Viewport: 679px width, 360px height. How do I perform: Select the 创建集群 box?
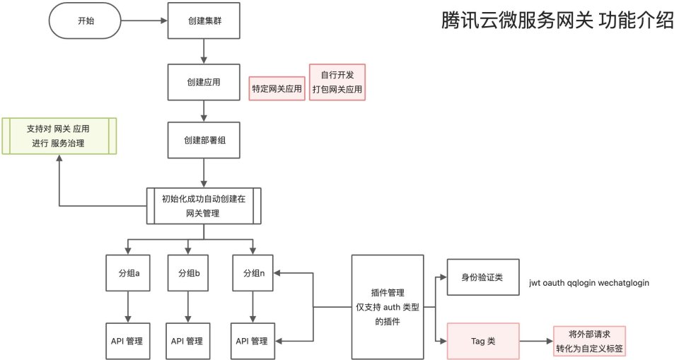(x=204, y=21)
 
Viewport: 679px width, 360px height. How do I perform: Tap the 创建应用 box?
(x=204, y=82)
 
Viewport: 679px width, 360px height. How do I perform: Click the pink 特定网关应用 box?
(x=277, y=89)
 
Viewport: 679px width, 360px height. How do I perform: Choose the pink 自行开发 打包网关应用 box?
(x=337, y=82)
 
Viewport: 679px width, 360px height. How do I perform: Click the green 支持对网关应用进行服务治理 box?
(x=59, y=136)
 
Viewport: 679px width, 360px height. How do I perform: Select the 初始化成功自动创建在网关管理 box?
(x=204, y=206)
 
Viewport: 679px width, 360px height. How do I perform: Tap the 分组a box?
(x=127, y=273)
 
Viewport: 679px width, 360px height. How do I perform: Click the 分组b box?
(x=187, y=273)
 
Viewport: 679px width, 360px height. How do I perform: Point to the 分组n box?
(x=254, y=273)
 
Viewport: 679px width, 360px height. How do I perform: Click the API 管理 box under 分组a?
(x=127, y=341)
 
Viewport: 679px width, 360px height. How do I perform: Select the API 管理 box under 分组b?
(x=187, y=341)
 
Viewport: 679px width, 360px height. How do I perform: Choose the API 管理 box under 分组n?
(x=254, y=341)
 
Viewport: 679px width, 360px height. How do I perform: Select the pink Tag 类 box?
(x=483, y=340)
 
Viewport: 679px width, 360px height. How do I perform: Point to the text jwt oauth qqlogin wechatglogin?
(x=588, y=283)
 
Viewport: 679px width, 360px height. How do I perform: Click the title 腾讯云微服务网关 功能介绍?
(x=557, y=21)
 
